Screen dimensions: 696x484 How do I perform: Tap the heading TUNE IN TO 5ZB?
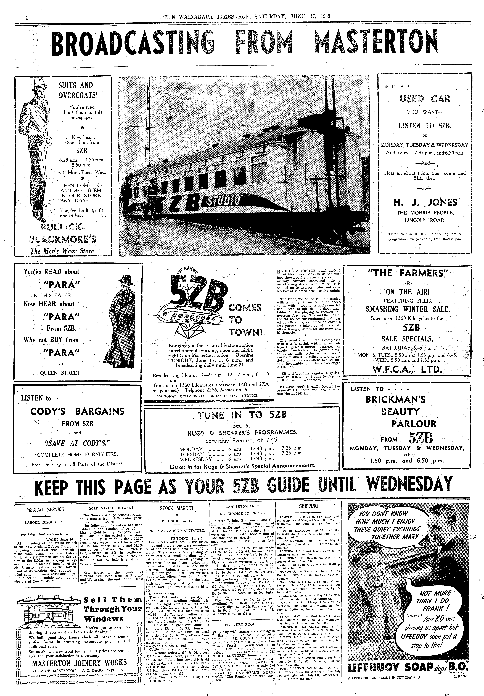242,415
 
